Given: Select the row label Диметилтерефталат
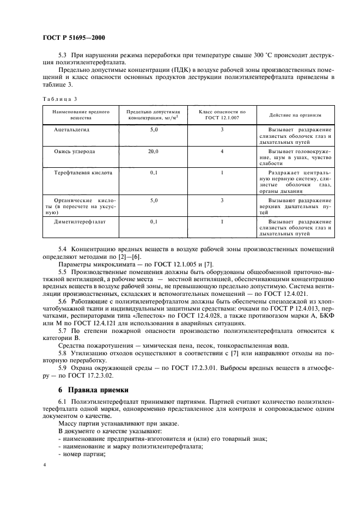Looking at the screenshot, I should pyautogui.click(x=80, y=222).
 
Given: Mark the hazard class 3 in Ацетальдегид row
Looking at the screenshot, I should pyautogui.click(x=222, y=131).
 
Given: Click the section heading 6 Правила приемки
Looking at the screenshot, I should pyautogui.click(x=93, y=390).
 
